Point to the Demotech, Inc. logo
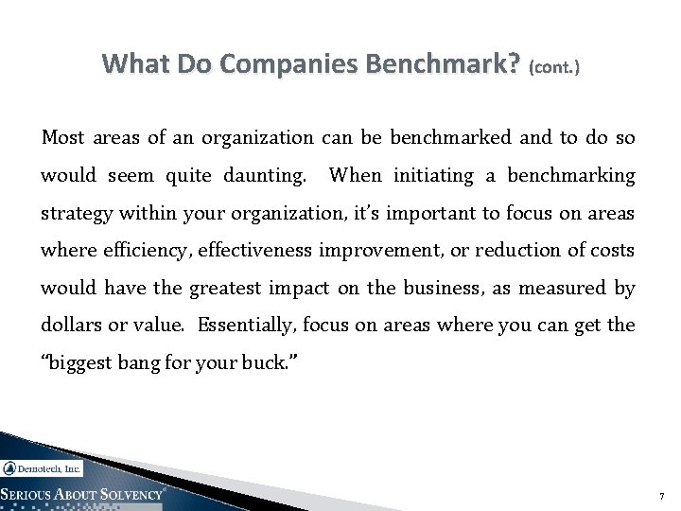click(x=43, y=467)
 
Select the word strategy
click(x=73, y=215)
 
